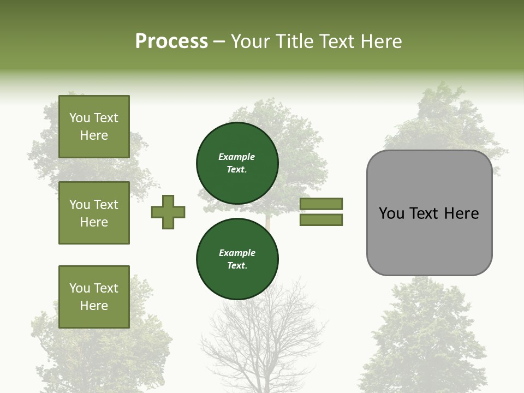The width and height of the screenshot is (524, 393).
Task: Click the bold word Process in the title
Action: [171, 41]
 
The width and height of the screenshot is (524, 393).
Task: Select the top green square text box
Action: [94, 127]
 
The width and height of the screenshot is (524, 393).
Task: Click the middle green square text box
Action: [94, 213]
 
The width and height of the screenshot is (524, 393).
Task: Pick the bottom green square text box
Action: [94, 297]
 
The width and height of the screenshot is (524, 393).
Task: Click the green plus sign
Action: [168, 212]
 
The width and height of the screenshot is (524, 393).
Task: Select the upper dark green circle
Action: [237, 163]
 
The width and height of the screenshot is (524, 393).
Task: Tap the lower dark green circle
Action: [237, 259]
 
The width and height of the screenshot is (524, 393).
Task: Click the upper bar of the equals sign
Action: [321, 204]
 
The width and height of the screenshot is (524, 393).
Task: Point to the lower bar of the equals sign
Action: [321, 220]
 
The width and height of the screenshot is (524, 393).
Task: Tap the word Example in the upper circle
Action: [237, 157]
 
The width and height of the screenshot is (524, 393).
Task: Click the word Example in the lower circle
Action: [237, 253]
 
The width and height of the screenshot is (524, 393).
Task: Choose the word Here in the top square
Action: [94, 135]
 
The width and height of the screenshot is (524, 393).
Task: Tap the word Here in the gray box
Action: [461, 213]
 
